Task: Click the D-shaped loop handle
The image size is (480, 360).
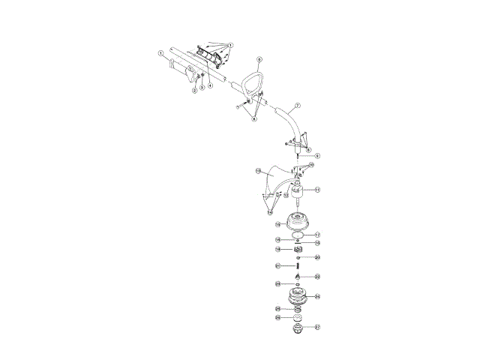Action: coord(256,81)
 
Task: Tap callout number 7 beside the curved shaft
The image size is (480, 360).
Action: coord(298,106)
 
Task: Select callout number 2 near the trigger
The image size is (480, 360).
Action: coord(195,91)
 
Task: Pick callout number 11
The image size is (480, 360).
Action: coord(317,190)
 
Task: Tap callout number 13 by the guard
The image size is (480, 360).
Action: coord(258,171)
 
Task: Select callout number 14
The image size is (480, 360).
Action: coord(270,213)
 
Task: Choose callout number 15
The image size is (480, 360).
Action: coord(277,224)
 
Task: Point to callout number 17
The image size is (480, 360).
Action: coord(317,235)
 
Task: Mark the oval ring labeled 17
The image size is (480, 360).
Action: coord(298,235)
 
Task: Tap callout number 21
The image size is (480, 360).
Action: coord(277,265)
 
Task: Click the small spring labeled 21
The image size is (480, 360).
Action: coord(298,265)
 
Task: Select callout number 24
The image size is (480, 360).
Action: coord(318,296)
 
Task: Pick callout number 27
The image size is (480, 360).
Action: coord(317,327)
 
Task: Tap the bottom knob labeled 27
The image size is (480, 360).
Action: coord(298,328)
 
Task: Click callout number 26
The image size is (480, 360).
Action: coord(278,317)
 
